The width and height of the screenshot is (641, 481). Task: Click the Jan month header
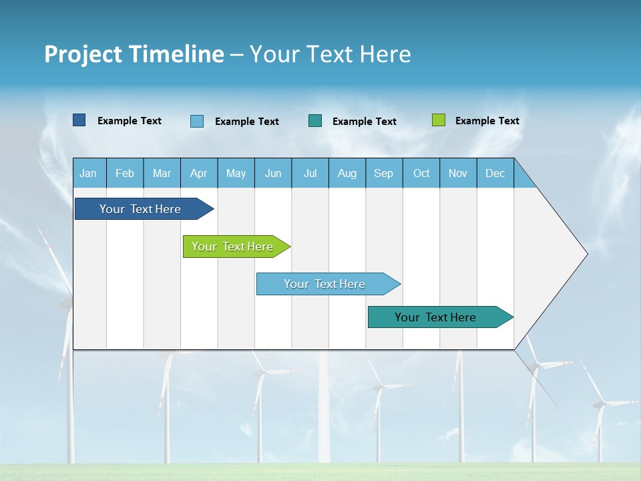(88, 173)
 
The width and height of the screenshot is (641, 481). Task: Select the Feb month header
(125, 173)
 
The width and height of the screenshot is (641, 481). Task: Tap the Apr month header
(199, 173)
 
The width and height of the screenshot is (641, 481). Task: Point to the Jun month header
(273, 173)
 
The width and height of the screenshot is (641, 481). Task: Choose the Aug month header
(347, 173)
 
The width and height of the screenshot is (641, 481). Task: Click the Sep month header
(384, 173)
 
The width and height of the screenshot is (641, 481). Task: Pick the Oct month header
(421, 173)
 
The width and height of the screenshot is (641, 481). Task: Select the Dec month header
(495, 173)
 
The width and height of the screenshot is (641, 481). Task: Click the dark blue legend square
(79, 120)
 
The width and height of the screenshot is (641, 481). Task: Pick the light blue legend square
(197, 121)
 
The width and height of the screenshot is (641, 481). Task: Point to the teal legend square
(315, 120)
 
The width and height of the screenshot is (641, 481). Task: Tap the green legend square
(439, 120)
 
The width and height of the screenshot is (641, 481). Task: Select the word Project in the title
(83, 54)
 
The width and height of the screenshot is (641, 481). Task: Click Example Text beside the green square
(487, 121)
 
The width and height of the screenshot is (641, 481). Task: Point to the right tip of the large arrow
(586, 254)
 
